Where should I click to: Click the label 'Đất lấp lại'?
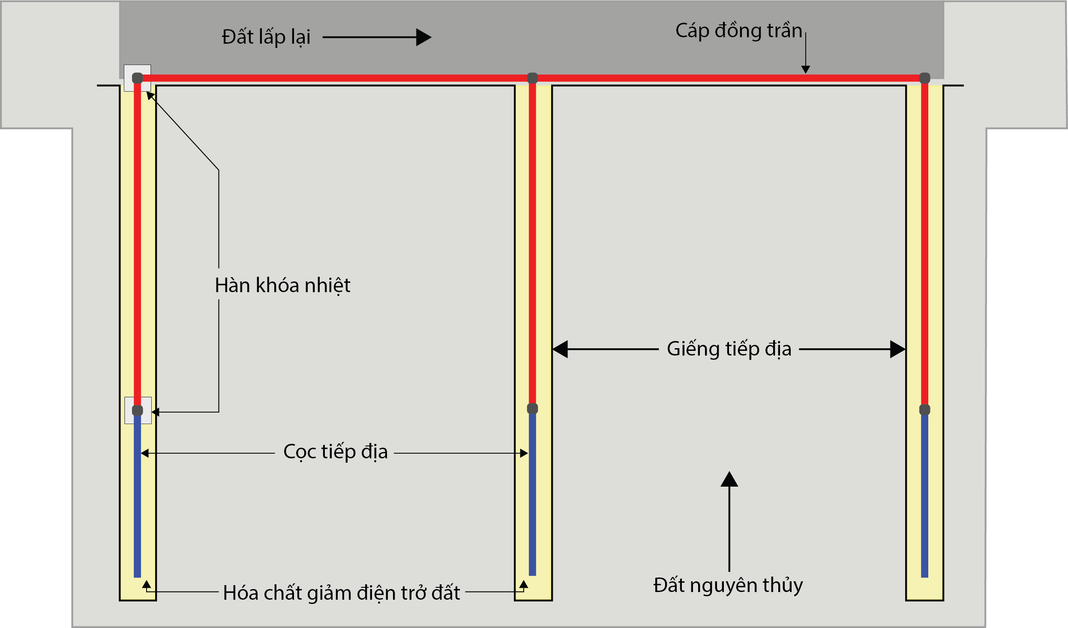point(266,37)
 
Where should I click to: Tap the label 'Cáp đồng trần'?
point(738,31)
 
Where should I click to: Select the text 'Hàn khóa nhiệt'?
point(282,285)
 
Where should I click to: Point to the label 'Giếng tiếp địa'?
point(729,349)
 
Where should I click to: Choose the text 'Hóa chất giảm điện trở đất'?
point(342,593)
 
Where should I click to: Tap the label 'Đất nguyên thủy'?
point(728,585)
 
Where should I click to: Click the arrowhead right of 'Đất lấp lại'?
point(423,37)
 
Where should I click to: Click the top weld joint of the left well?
point(137,78)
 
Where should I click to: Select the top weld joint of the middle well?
point(532,78)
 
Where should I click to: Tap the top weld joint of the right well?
point(925,78)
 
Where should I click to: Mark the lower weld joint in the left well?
point(137,410)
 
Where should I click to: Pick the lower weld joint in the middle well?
point(532,409)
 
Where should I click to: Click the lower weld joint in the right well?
point(925,410)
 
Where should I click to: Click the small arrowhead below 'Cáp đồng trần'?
point(806,69)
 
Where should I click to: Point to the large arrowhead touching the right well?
point(897,349)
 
